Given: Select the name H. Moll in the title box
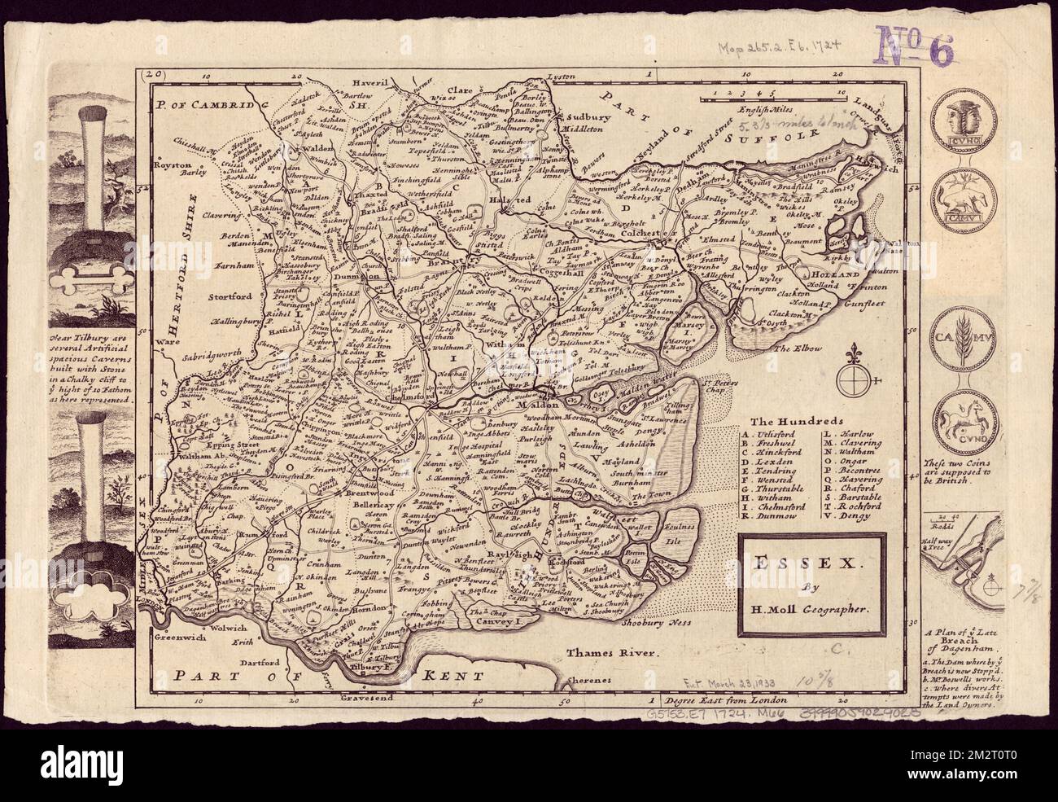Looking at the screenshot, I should (x=797, y=608).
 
